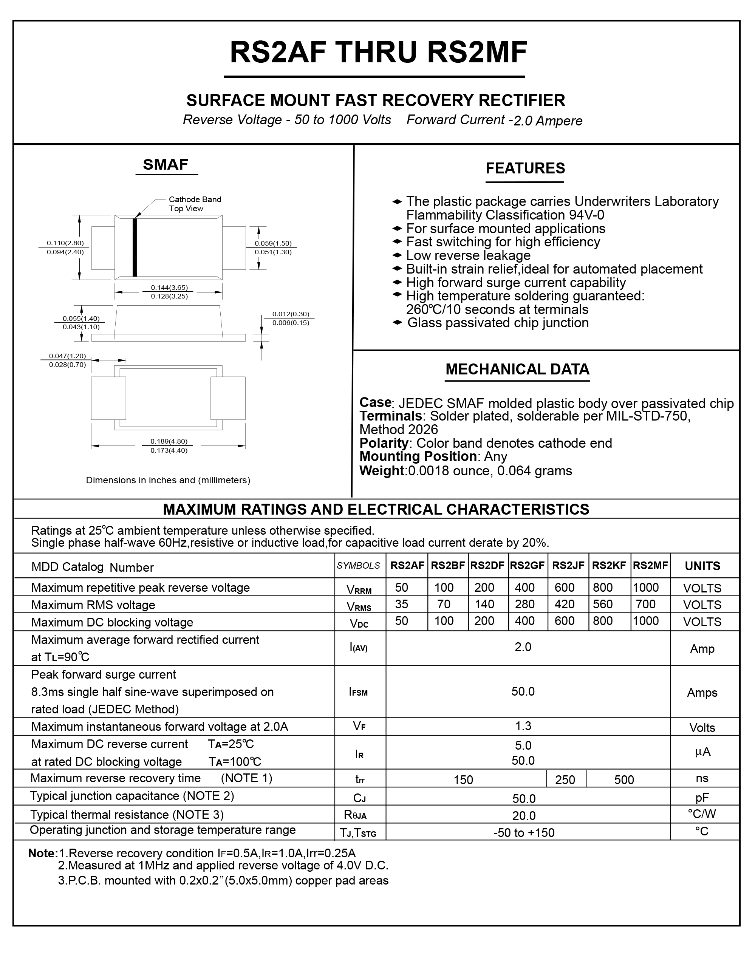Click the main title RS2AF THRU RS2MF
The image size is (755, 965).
point(378,53)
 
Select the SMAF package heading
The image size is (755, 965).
point(166,165)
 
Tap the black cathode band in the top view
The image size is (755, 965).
point(135,247)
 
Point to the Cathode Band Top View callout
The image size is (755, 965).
point(195,204)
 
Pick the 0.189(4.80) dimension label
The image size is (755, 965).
point(169,441)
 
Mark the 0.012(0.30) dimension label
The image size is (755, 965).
point(291,314)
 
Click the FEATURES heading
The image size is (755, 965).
point(525,169)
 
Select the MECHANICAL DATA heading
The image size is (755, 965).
point(517,369)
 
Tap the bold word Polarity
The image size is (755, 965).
point(384,443)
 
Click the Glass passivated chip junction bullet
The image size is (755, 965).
point(497,323)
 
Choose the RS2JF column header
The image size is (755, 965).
point(568,565)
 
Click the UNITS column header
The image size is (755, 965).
point(702,566)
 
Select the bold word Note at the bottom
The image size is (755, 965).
point(42,853)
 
